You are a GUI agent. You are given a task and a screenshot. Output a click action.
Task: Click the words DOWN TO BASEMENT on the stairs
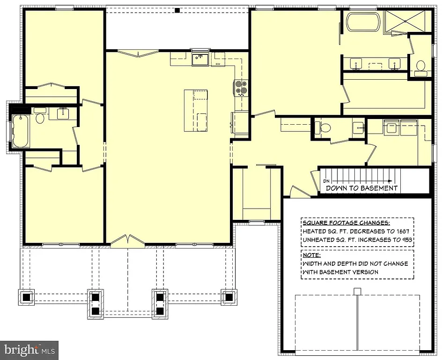point(361,188)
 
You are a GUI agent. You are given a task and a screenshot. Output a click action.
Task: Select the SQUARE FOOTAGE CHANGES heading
point(346,223)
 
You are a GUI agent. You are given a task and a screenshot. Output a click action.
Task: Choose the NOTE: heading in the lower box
point(312,255)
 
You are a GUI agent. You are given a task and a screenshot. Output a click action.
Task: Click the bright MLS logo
point(29,350)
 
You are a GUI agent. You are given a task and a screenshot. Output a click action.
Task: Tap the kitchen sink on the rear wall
point(200,60)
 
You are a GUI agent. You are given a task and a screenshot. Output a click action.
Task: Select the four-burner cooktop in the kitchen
point(241,88)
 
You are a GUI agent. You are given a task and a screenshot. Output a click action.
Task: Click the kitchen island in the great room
point(196,111)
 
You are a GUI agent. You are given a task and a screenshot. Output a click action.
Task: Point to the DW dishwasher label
point(218,64)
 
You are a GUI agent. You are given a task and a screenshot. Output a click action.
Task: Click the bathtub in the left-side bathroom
point(20,131)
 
